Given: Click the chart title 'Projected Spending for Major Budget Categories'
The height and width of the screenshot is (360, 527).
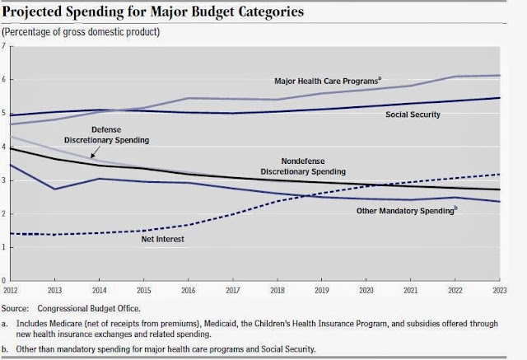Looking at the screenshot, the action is point(153,12).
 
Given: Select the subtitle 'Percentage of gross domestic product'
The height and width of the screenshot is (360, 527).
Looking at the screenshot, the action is point(81,32).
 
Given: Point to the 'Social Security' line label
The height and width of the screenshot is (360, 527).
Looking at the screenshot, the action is point(413,115).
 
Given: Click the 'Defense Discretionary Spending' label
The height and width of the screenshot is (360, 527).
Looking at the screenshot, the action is point(106,135).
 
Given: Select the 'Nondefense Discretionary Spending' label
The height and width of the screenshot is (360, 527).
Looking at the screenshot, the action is point(303,166).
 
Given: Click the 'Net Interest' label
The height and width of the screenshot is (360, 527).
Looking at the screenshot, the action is point(163,239).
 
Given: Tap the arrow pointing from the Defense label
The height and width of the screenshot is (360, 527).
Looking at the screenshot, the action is point(96,152).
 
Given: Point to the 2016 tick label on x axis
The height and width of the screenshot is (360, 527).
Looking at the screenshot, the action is point(189,290).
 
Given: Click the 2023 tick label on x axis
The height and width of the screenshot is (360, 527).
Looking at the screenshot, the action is point(500,290).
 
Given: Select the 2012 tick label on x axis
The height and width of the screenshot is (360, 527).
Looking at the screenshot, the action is point(10,290).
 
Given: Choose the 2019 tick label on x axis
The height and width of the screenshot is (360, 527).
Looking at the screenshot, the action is point(322,290).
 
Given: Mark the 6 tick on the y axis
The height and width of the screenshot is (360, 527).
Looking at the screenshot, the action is point(3,79).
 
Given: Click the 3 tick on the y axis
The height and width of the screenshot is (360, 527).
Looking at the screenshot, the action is point(3,180).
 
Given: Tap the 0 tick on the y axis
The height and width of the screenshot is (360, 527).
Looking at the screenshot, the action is point(3,280).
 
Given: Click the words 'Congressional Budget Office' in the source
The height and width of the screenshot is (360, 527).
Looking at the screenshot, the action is point(88,309).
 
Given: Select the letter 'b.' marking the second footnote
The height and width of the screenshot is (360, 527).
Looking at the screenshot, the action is point(4,349).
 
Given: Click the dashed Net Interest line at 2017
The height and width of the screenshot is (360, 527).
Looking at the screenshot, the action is point(232,215).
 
